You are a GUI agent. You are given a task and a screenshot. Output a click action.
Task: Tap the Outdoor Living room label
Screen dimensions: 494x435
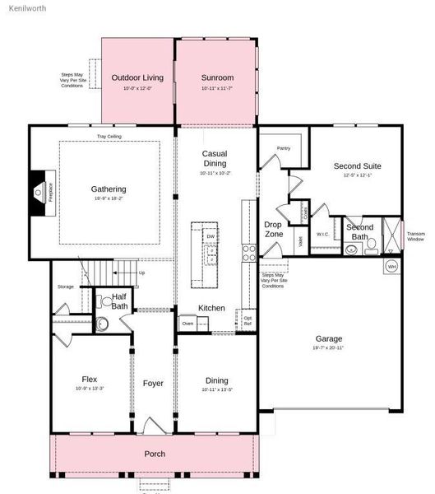[x=137, y=78]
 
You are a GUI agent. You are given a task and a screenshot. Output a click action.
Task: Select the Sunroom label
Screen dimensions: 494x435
[x=217, y=78]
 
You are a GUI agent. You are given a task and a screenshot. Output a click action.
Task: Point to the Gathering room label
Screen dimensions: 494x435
[x=109, y=189]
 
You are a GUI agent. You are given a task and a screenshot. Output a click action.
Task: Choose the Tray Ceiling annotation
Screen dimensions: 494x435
[x=109, y=137]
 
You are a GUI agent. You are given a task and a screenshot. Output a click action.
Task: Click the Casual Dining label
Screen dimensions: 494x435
[x=215, y=158]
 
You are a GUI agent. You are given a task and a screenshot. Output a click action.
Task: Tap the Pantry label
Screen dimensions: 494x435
[x=284, y=148]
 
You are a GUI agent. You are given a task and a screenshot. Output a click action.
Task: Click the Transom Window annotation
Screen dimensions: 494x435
[x=416, y=236]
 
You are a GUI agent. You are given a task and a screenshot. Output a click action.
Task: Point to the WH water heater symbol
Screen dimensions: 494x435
[x=392, y=267]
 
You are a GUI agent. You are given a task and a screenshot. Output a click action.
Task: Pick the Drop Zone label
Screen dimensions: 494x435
[x=273, y=229]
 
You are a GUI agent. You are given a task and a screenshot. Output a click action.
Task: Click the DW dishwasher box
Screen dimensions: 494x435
[x=211, y=237]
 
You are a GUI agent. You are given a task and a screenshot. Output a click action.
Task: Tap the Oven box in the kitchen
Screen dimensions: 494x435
[x=187, y=324]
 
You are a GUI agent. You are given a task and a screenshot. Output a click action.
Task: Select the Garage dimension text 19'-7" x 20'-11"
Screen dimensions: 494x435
[x=329, y=348]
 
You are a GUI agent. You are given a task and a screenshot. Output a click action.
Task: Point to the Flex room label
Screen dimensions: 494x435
[x=89, y=380]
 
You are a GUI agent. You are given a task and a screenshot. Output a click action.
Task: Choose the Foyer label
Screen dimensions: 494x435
[x=153, y=384]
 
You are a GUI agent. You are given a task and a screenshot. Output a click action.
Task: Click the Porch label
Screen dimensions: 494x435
[x=155, y=454]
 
